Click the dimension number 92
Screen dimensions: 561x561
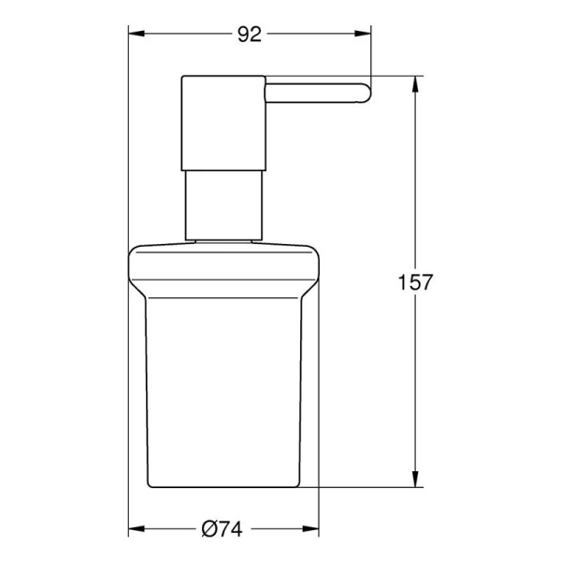tap(249, 35)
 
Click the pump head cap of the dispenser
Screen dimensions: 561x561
tap(222, 122)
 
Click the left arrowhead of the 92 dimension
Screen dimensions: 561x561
tap(137, 36)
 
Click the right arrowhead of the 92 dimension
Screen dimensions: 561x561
tap(365, 36)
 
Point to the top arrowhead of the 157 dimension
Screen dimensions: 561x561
tap(415, 83)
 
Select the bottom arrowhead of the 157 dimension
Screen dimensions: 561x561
tap(415, 481)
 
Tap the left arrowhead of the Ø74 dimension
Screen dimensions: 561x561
tap(137, 528)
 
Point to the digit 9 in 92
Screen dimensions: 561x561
tap(243, 35)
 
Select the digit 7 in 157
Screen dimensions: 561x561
tap(425, 281)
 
